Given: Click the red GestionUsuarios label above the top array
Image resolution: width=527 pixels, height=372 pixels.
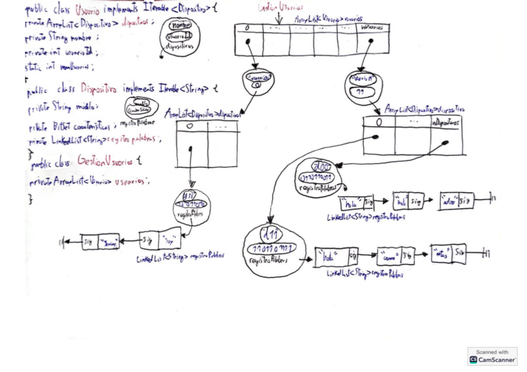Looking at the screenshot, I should pos(281,7).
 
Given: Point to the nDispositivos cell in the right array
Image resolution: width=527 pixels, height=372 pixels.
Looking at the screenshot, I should pos(446,123).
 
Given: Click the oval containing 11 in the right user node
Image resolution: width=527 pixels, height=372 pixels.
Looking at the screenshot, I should pos(360,92).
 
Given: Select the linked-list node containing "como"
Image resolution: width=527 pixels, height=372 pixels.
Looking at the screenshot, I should pos(395,256).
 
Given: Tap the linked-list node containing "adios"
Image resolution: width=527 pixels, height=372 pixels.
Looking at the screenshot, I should pos(456,201).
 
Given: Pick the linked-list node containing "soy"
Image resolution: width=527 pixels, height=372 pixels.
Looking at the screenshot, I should pos(160,238).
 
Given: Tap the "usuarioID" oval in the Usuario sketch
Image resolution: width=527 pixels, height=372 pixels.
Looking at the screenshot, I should pos(179,37).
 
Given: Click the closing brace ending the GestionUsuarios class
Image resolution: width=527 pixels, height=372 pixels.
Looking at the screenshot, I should pos(30,199).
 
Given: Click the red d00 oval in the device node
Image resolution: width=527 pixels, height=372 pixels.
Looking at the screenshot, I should pos(322,166).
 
